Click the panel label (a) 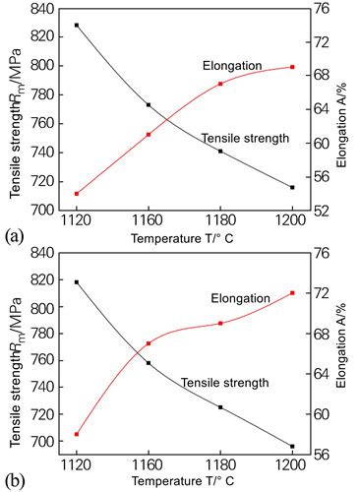[x=14, y=236]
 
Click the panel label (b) [x=14, y=482]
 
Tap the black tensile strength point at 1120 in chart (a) [x=76, y=25]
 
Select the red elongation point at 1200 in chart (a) [x=292, y=67]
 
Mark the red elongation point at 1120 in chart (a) [x=76, y=194]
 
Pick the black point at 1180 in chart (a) [x=220, y=151]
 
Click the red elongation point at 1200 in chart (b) [x=292, y=292]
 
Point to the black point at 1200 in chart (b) [x=292, y=447]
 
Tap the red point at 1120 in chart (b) [x=76, y=434]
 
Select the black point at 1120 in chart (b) [x=76, y=282]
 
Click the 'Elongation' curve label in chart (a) [x=233, y=66]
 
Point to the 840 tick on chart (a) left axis [x=43, y=9]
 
